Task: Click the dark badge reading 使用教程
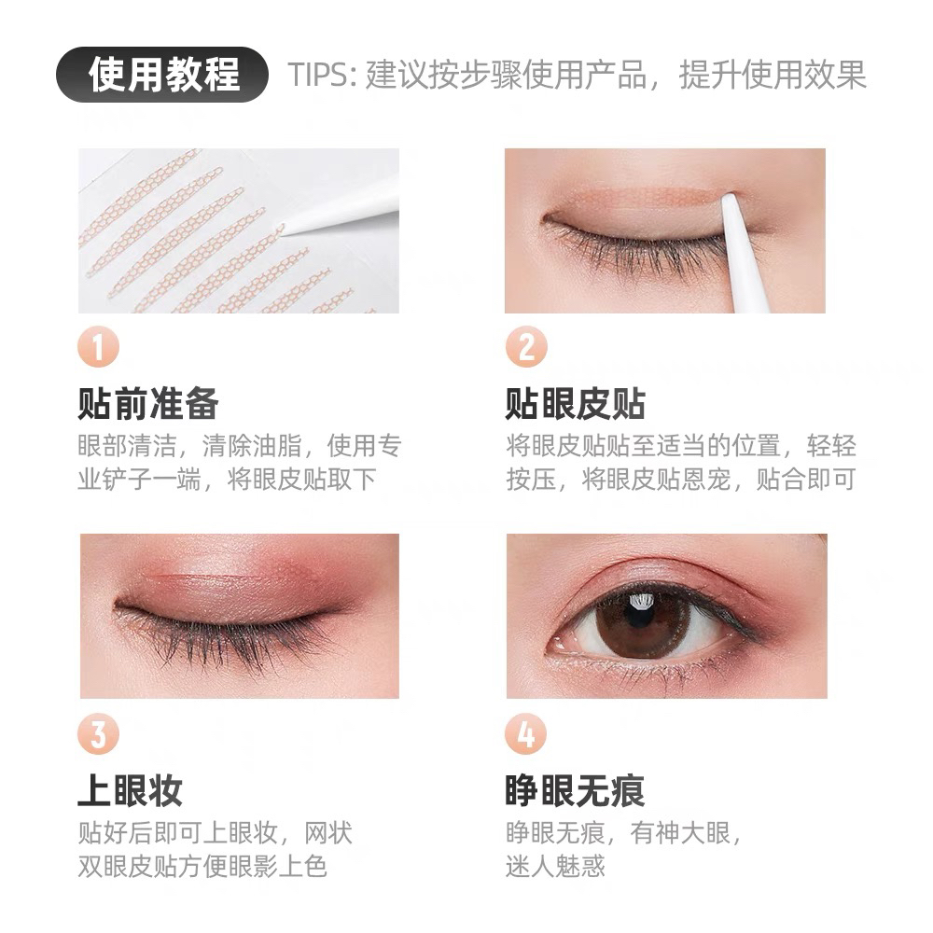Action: point(161,75)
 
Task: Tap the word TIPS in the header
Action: point(318,75)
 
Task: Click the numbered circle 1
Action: point(98,347)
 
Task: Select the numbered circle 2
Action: point(526,347)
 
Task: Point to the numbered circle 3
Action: point(98,733)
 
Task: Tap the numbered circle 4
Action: point(525,733)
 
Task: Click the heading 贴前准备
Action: point(148,403)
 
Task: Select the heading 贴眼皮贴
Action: point(576,403)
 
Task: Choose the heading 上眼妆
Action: point(131,790)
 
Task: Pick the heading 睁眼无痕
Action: point(575,790)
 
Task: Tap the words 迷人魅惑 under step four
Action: point(555,866)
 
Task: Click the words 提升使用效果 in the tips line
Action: point(773,75)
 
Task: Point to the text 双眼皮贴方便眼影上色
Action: point(202,866)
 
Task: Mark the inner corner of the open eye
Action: point(556,645)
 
